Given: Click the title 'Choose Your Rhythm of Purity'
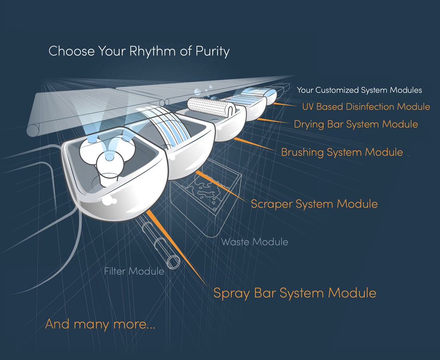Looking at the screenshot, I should pos(139,52).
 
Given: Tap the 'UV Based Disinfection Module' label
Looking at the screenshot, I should pos(366,107).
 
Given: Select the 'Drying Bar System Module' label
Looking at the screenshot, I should pos(356,124).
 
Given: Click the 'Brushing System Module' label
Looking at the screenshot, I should pos(342,152).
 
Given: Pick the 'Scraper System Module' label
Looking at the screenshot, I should pos(314,204).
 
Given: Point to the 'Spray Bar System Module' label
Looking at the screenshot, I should pos(295,293).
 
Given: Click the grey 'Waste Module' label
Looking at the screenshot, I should pos(254,242).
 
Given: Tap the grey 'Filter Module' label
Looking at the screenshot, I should pos(134,271).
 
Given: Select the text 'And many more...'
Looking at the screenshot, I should pos(100,324).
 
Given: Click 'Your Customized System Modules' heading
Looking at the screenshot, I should pos(359,90).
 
